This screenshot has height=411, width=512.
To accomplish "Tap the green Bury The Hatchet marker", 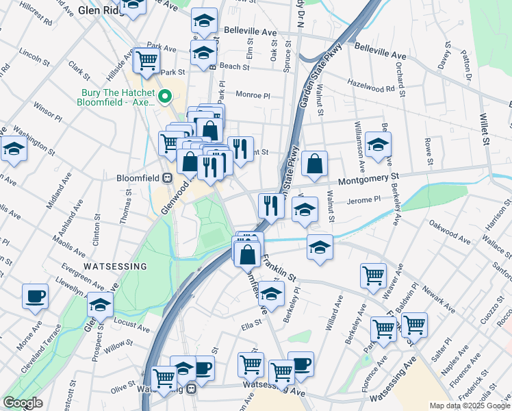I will [165, 97].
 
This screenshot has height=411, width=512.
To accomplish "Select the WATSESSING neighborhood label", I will [115, 266].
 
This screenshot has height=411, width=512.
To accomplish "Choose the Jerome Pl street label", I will [363, 199].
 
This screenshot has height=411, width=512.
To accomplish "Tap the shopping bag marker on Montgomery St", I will [314, 164].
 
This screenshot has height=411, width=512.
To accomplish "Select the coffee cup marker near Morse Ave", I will [35, 296].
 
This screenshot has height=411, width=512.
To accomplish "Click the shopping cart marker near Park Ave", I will [147, 60].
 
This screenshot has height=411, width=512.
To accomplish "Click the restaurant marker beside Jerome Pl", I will [271, 205].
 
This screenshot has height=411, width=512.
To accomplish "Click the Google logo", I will [23, 403].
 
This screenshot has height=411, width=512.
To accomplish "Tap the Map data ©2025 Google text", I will [470, 406].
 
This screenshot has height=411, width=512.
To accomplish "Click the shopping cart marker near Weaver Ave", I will [373, 275].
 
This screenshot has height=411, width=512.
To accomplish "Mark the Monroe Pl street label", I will [254, 95].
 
